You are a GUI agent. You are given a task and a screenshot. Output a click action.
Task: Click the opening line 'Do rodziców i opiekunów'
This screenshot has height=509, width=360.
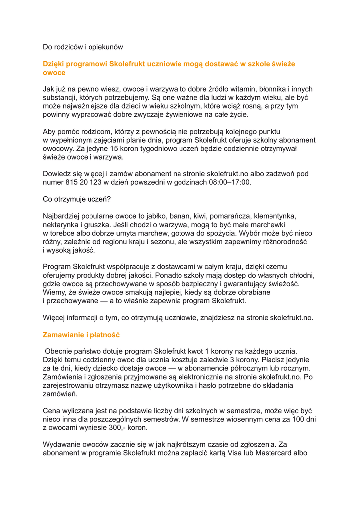tap(83, 47)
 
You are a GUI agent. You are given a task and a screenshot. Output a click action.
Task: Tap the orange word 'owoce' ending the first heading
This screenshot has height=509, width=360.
tap(54, 73)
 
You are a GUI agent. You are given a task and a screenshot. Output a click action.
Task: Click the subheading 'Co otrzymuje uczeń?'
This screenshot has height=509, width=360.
tap(77, 199)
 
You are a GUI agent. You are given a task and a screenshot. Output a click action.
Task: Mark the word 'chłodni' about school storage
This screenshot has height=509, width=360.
tap(302, 275)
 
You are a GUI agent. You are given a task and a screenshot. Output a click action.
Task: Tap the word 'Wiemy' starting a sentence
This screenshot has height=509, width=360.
tap(54, 292)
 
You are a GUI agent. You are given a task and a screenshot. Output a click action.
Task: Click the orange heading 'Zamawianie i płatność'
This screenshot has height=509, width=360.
tap(81, 335)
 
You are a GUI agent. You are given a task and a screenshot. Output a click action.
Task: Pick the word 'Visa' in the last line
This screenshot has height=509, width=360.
tap(237, 453)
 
